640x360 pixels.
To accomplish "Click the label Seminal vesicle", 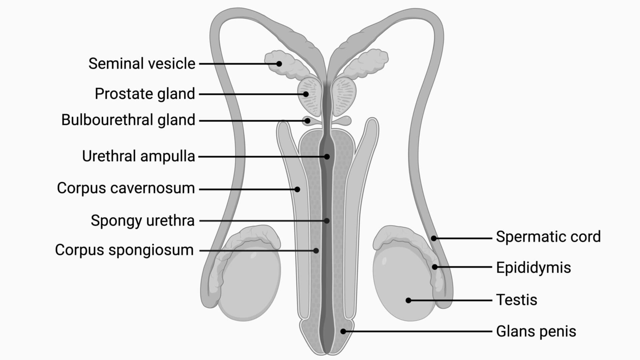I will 142,64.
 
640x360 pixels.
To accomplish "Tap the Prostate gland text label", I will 145,94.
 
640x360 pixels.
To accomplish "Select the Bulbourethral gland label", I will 128,120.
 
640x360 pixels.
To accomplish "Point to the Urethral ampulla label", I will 138,156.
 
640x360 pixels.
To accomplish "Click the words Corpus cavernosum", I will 126,188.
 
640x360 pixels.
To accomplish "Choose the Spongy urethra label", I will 142,221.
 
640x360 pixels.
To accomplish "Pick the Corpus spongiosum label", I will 124,250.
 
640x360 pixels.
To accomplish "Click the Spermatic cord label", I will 548,237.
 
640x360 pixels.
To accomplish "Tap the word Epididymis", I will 533,268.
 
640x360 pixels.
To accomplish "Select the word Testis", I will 516,300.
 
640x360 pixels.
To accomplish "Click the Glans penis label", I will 536,331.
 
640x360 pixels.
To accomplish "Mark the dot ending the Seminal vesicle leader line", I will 279,64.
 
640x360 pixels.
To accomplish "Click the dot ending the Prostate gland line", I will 306,94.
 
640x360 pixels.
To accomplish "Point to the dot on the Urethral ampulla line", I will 327,156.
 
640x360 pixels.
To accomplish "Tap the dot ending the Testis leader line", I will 408,300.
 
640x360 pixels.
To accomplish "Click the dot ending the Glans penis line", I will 343,331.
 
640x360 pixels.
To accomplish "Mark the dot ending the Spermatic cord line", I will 434,238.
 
